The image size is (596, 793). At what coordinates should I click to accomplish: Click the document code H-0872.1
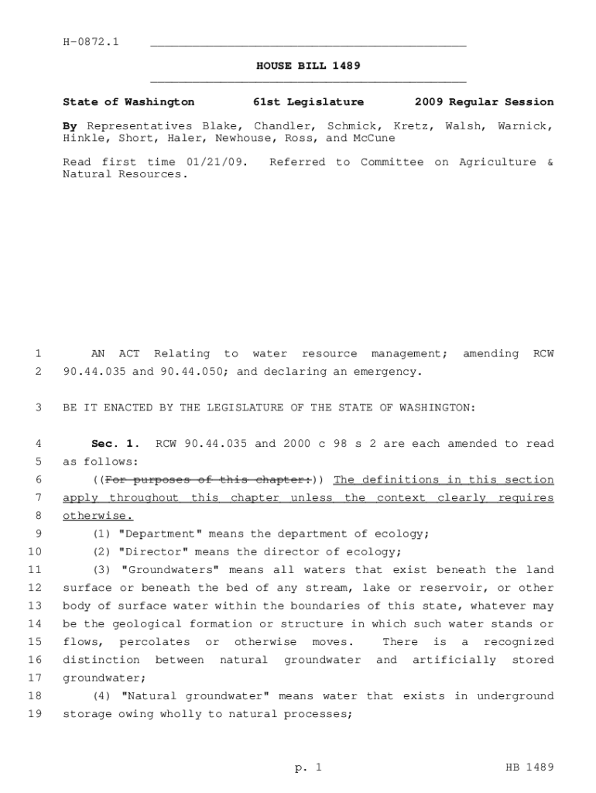tap(91, 41)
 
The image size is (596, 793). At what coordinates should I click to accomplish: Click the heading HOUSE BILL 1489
tap(308, 66)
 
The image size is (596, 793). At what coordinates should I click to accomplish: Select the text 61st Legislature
tap(308, 101)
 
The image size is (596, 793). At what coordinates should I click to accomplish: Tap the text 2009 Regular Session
tap(484, 101)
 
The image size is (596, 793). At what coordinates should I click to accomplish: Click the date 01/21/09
tap(221, 162)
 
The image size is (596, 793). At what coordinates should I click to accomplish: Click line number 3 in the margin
tap(37, 407)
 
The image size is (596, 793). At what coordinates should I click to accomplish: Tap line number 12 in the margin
tap(34, 588)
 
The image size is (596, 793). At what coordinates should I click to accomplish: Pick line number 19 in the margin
tap(34, 714)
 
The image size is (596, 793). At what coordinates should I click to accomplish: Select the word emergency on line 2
tap(387, 371)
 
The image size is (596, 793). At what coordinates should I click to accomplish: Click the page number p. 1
tap(307, 767)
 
